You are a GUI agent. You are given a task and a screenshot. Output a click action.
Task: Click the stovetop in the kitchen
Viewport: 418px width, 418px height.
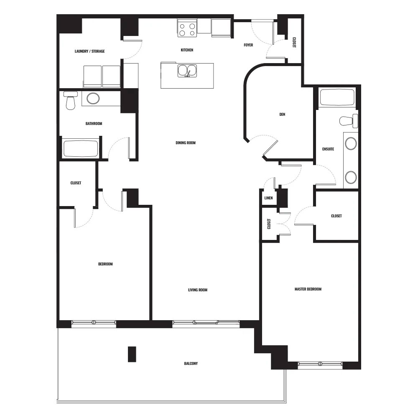[187, 28]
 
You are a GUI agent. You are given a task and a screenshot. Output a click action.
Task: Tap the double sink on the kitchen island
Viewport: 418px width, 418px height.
[187, 71]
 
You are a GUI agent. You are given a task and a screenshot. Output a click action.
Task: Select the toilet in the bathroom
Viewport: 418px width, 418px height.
[71, 100]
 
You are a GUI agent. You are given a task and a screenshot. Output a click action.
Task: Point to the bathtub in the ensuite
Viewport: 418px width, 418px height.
[337, 97]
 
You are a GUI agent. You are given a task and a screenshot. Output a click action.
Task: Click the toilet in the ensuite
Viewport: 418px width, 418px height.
[349, 121]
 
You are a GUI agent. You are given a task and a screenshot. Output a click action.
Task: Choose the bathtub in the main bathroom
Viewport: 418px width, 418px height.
[81, 148]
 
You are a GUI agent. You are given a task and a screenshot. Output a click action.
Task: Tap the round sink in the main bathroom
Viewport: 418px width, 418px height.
[93, 98]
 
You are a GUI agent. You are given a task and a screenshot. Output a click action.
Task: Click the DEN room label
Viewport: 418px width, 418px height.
[282, 115]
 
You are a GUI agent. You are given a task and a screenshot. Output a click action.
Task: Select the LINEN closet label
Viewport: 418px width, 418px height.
[268, 198]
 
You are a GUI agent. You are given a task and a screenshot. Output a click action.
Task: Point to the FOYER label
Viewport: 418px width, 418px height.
[248, 45]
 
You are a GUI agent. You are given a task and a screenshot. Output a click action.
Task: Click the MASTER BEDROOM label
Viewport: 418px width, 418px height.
[308, 289]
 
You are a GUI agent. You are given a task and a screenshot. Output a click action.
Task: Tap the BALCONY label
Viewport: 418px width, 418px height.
[191, 363]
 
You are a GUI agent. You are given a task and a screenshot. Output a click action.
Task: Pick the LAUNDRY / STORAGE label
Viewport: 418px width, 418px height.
[89, 51]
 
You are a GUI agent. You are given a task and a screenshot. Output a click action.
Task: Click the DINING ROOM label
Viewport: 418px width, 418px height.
[186, 143]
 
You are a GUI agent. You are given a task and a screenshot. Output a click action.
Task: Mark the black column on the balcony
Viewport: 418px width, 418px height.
[132, 354]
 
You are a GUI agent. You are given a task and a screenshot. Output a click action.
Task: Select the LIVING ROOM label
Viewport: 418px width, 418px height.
[198, 290]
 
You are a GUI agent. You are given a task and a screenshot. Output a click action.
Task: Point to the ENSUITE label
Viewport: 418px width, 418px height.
[328, 149]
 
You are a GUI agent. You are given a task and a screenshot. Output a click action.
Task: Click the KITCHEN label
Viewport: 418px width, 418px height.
[187, 50]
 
